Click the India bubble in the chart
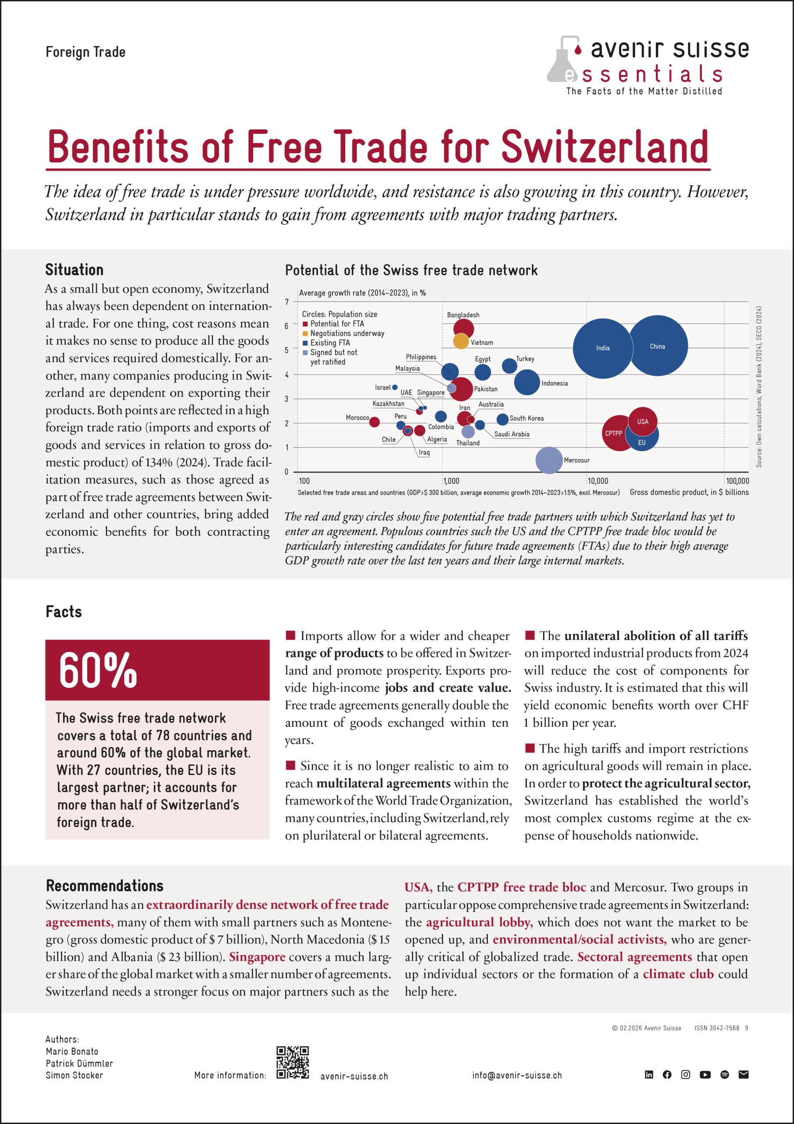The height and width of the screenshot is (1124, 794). tap(603, 348)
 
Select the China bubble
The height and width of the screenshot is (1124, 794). tap(658, 346)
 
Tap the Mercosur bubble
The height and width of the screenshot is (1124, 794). tap(549, 460)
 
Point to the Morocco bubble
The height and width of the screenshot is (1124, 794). tap(374, 422)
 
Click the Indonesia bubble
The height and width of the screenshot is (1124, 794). tap(527, 382)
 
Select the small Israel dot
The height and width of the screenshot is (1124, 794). tap(395, 387)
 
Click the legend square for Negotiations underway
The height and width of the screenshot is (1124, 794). tap(305, 333)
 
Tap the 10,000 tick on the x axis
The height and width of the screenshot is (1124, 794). tap(597, 481)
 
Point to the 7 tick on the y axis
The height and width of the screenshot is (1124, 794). tap(287, 302)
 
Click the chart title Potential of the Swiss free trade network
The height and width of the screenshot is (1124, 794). tap(411, 270)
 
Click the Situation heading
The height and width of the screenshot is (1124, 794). tap(75, 270)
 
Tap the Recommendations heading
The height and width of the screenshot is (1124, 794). tap(105, 886)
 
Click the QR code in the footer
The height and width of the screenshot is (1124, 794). tap(293, 1063)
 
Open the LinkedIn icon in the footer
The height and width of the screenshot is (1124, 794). tap(649, 1074)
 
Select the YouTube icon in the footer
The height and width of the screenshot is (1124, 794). tap(705, 1074)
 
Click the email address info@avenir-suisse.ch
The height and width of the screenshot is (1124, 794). tap(517, 1076)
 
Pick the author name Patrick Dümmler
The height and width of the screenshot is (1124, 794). tap(79, 1063)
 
